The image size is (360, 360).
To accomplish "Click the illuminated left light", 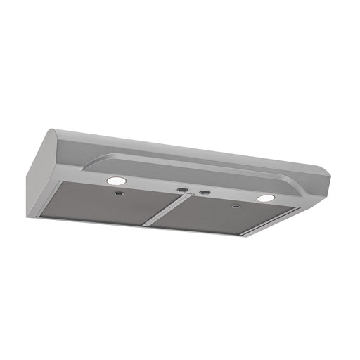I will tap(112, 181).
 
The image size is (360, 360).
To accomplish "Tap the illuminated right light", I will tap(265, 198).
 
